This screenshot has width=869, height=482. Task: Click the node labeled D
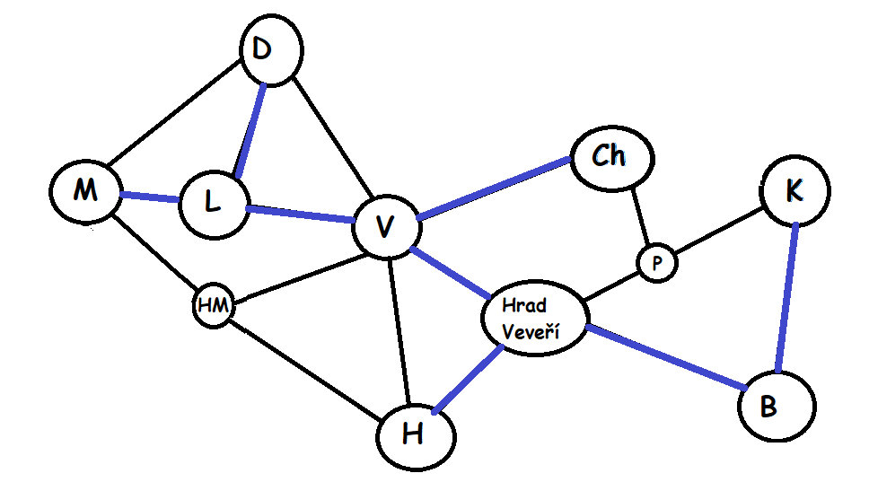click(270, 52)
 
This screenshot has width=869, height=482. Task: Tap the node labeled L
click(213, 205)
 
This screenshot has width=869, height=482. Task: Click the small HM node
click(214, 306)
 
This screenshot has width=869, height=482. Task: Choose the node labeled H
click(415, 435)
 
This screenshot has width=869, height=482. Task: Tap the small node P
click(657, 263)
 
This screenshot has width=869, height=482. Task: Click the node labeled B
click(777, 407)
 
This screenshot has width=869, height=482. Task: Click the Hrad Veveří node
click(534, 320)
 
